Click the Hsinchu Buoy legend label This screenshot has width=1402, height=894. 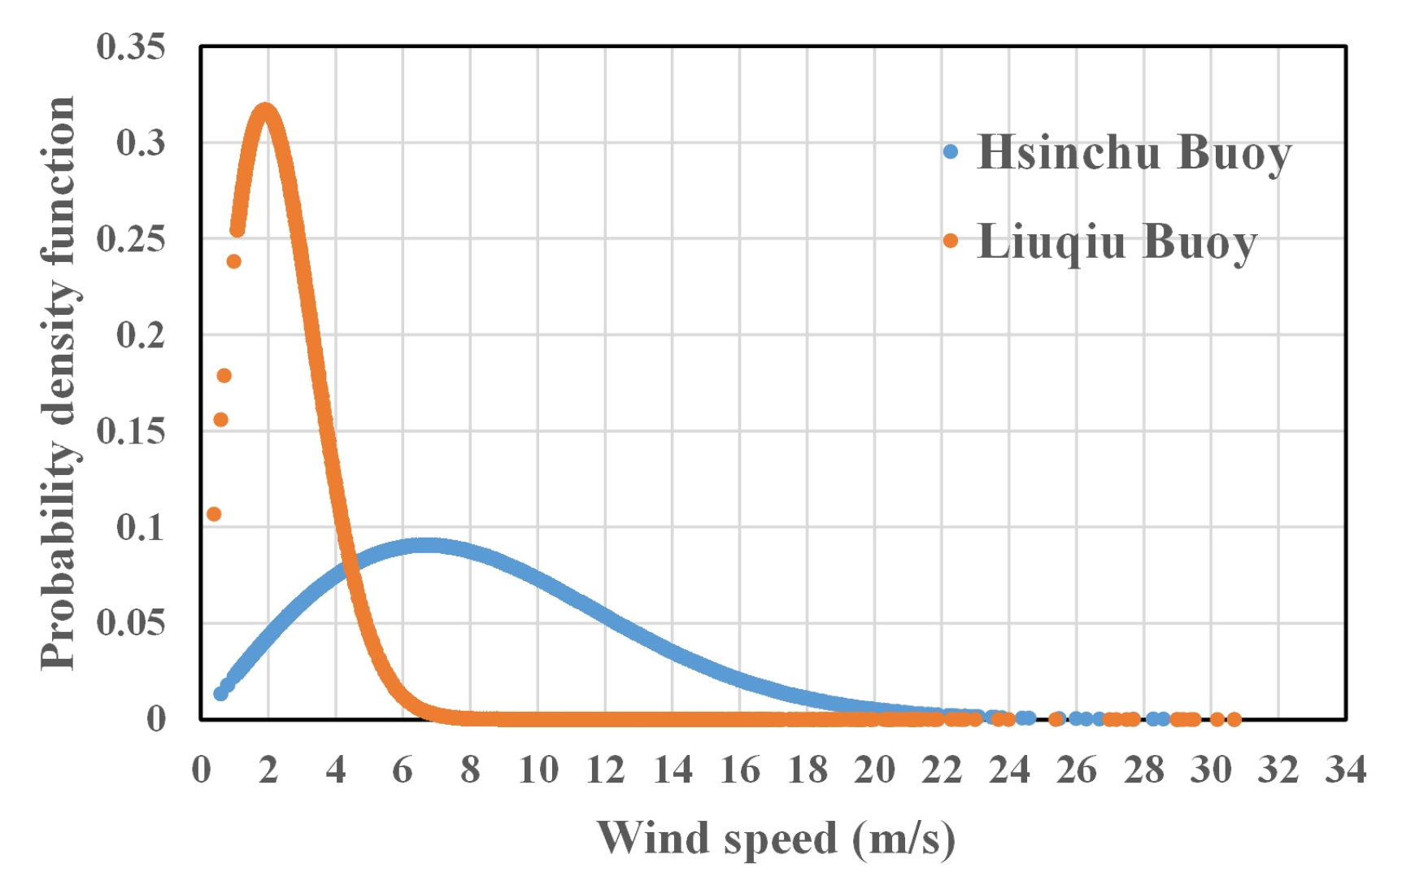[x=1134, y=152]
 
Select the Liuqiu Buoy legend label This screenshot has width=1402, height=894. [x=1117, y=242]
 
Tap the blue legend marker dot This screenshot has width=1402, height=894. [x=951, y=151]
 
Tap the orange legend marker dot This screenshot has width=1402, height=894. [x=951, y=241]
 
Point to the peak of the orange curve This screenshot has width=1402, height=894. [x=265, y=111]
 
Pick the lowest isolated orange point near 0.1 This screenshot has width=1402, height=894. [x=214, y=514]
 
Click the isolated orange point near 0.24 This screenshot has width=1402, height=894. [x=234, y=261]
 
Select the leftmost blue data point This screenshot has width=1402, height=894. [x=220, y=694]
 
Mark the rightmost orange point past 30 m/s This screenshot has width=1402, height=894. [x=1234, y=719]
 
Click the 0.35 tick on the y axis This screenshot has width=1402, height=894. [x=130, y=47]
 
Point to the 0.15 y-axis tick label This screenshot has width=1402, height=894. [x=130, y=431]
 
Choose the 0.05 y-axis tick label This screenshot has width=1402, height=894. [x=130, y=623]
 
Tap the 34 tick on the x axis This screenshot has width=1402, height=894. [x=1346, y=770]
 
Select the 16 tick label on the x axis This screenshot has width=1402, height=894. [x=740, y=770]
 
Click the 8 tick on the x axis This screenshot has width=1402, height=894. [x=470, y=770]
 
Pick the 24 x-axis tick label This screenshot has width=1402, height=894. [x=1009, y=770]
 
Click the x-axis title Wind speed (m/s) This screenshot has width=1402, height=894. [x=776, y=838]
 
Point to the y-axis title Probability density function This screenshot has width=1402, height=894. [x=59, y=382]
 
